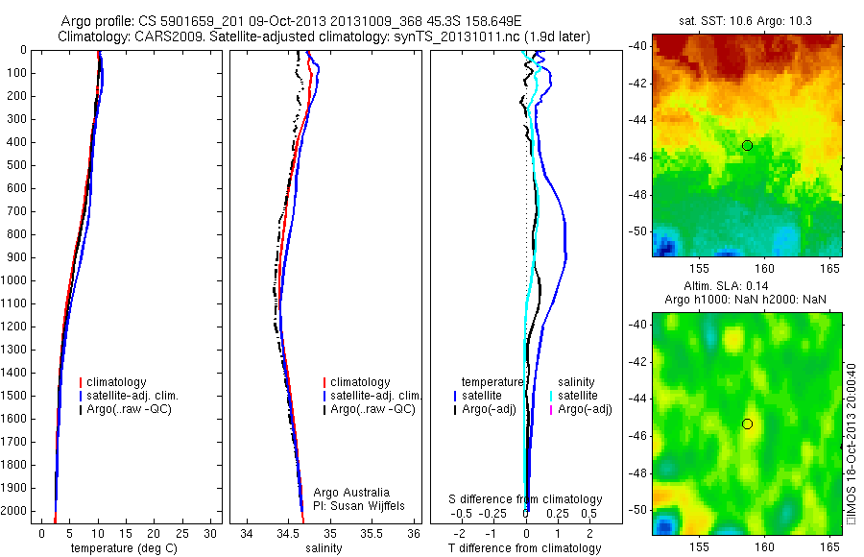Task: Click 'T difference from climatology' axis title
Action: pyautogui.click(x=524, y=548)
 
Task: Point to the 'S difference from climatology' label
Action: pyautogui.click(x=526, y=499)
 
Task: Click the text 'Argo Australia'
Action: pyautogui.click(x=351, y=492)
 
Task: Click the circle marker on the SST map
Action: pyautogui.click(x=747, y=145)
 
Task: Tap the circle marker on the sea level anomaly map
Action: pyautogui.click(x=747, y=424)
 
